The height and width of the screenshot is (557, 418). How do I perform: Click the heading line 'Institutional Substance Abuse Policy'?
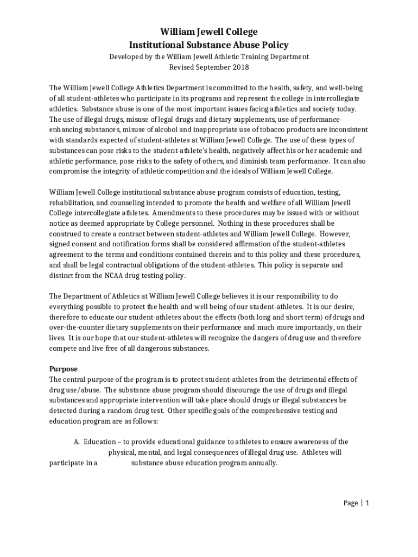[208, 45]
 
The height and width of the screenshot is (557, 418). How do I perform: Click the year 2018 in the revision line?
[240, 67]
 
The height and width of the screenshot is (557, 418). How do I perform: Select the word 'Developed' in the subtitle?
[125, 57]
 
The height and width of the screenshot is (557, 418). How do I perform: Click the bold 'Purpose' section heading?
[64, 369]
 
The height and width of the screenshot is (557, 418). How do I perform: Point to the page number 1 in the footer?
[367, 503]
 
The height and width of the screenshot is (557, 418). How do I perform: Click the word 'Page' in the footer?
[351, 503]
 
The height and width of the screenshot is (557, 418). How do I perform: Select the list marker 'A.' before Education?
[77, 442]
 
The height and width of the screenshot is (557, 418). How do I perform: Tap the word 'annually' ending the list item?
[263, 463]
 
